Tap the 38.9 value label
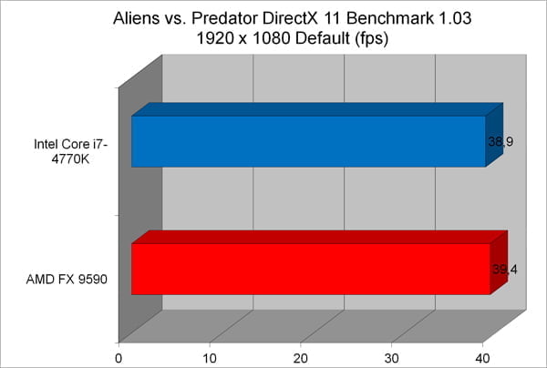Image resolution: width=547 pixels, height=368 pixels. click(x=501, y=142)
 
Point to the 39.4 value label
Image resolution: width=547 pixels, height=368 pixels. click(x=505, y=270)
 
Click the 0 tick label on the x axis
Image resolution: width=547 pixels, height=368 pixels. click(x=119, y=358)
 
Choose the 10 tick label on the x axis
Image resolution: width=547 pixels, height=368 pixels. click(x=210, y=358)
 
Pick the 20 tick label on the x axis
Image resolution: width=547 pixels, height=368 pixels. click(x=301, y=358)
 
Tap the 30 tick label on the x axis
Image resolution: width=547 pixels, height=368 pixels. click(x=392, y=358)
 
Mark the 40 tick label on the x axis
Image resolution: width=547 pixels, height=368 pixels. click(x=483, y=358)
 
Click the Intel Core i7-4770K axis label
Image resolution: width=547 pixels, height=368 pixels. click(x=70, y=151)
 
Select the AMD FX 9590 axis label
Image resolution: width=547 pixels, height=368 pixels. click(x=67, y=279)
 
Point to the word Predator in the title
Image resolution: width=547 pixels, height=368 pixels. click(x=224, y=18)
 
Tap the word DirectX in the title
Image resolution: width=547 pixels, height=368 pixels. click(x=290, y=18)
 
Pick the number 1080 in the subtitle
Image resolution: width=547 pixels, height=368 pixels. click(x=269, y=38)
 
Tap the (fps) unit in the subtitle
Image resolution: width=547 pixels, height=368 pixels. click(x=372, y=38)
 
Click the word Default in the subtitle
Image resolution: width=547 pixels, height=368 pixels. click(x=323, y=38)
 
